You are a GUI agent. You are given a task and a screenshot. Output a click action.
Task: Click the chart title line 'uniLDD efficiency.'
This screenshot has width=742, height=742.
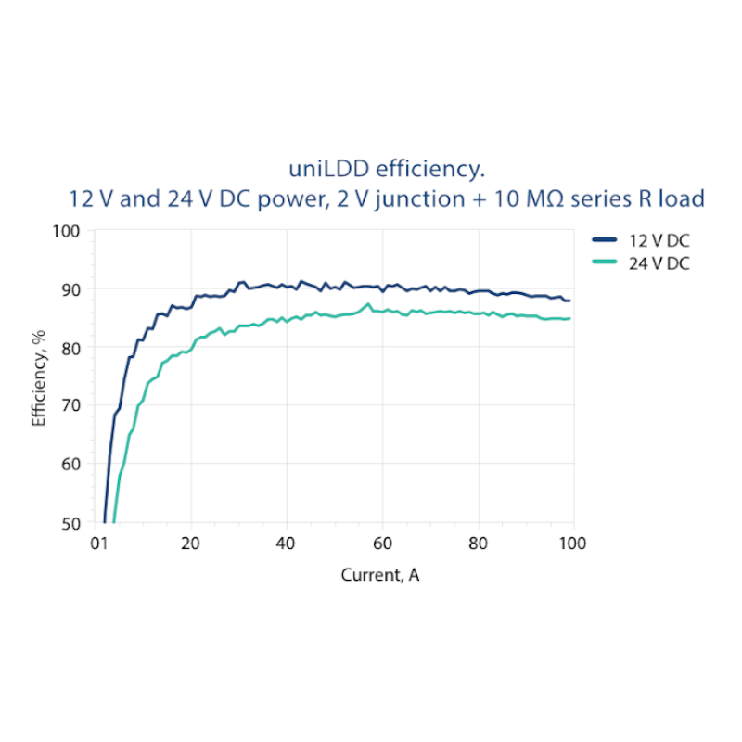[387, 170]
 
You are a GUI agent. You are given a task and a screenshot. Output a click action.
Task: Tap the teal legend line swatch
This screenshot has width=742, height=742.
[604, 262]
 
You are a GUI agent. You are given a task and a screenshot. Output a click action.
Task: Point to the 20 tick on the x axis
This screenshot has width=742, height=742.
[191, 544]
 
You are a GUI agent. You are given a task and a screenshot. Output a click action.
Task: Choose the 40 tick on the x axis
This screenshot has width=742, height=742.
[287, 544]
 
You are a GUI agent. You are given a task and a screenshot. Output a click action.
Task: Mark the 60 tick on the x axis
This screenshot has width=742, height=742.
[382, 544]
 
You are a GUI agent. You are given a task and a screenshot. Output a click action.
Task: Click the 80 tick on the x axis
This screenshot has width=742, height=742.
[478, 544]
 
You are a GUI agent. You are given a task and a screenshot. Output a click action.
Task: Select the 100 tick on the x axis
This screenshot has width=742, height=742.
[573, 544]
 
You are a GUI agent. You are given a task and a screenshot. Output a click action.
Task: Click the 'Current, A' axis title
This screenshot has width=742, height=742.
[380, 575]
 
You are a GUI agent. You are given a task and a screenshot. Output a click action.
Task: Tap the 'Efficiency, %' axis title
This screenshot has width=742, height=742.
[39, 376]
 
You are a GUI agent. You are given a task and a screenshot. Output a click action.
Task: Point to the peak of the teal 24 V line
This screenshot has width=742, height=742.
[368, 304]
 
